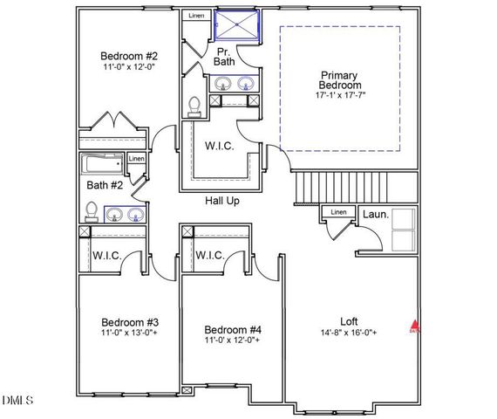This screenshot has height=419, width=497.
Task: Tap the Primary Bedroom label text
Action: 340,80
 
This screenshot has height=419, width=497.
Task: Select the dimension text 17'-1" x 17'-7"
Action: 340,97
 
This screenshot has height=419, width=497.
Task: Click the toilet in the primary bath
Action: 195,106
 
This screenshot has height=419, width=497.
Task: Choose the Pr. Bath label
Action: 226,57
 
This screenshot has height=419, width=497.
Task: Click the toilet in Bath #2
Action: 91,210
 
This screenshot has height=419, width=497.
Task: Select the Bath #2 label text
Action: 105,184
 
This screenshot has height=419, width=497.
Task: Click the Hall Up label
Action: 222,201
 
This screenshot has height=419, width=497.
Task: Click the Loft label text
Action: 350,320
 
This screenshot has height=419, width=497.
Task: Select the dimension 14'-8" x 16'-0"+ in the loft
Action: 350,333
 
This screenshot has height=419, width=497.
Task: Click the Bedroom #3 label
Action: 129,320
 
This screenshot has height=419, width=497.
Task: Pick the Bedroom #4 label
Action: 233,329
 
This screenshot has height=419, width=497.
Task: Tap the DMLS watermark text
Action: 17,401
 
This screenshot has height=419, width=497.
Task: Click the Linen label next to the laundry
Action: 337,211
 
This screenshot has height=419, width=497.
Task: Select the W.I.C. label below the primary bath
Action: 218,146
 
